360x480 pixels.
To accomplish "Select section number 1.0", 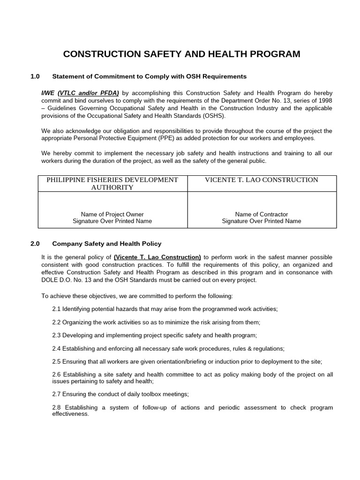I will tap(36, 76).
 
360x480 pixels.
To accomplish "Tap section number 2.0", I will tap(36, 243).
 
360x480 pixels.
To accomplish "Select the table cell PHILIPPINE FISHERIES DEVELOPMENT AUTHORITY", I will tap(112, 183).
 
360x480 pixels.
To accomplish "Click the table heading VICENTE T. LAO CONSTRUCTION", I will tap(262, 180).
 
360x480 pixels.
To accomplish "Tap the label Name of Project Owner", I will tap(112, 214).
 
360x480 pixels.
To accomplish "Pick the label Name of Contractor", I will tap(262, 214).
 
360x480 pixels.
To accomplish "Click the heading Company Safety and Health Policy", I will tap(106, 243).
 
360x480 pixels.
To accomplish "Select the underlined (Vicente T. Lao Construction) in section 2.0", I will tap(157, 257).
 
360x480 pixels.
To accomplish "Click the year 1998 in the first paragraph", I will tap(324, 100).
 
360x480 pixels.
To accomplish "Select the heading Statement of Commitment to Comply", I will tap(149, 76).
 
